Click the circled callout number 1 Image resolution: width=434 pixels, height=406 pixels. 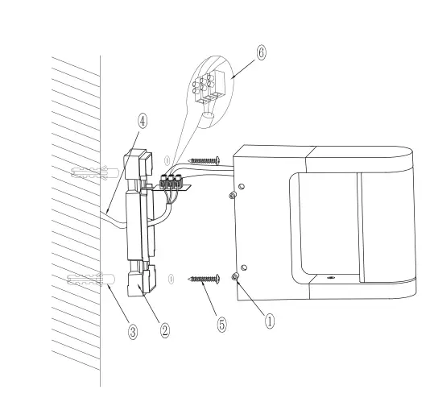[271, 319]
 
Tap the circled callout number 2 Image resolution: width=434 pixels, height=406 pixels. [164, 329]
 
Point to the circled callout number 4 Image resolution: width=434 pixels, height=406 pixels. [143, 121]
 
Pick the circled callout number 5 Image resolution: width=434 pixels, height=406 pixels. [222, 324]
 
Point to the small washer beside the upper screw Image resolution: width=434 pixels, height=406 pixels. [167, 160]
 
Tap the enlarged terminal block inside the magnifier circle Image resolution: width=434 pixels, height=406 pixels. [211, 86]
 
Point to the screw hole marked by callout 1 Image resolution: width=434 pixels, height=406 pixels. [235, 277]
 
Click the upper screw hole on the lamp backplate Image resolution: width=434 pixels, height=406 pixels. [234, 193]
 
